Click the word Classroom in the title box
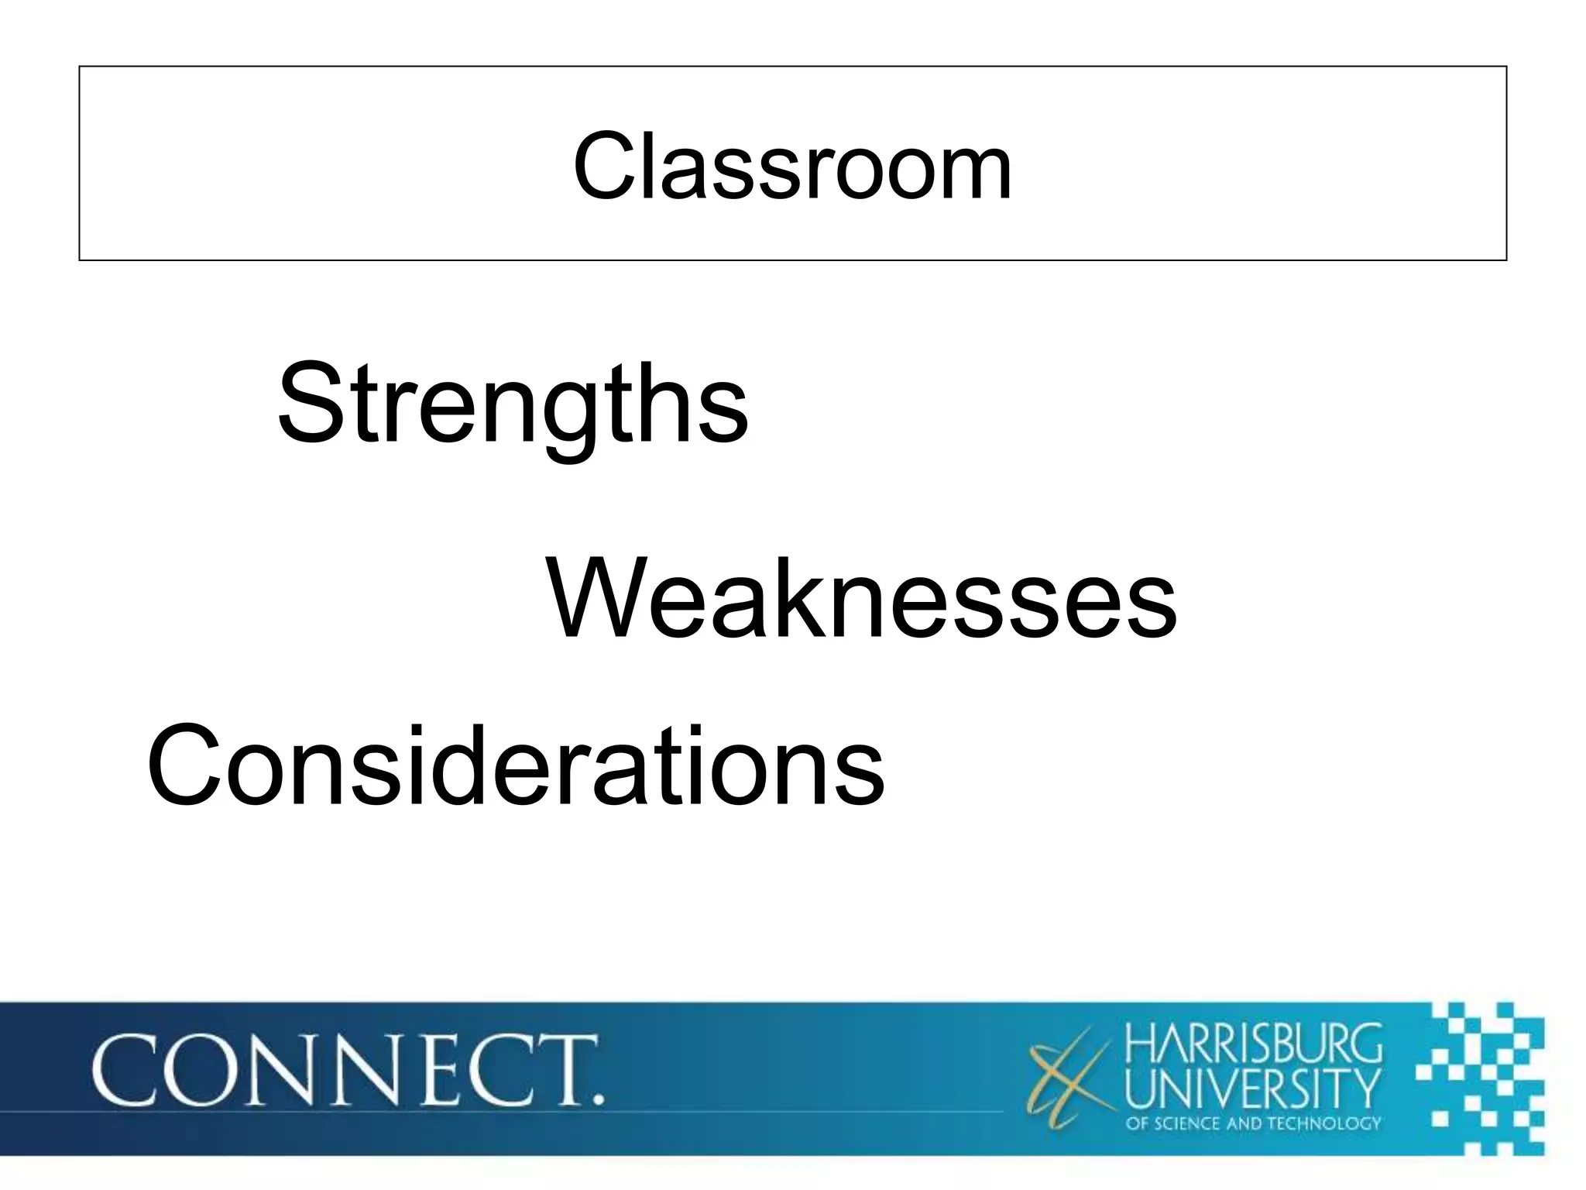792,166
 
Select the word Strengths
513,404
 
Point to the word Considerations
515,765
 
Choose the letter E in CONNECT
453,1070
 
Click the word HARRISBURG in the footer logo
1252,1044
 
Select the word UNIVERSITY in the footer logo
1252,1088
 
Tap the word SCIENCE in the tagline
1188,1123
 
